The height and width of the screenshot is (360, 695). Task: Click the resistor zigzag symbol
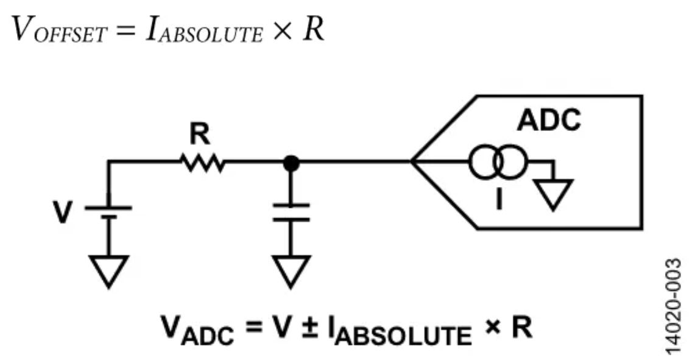click(202, 163)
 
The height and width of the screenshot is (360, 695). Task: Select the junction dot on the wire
click(292, 163)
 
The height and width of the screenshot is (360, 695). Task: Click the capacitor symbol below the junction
click(291, 212)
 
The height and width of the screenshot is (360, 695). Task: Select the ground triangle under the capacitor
click(291, 270)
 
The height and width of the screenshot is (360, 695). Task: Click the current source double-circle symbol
click(496, 163)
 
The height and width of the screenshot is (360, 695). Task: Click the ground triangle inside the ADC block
click(553, 194)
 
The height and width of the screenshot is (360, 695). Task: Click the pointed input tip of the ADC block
click(414, 163)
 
